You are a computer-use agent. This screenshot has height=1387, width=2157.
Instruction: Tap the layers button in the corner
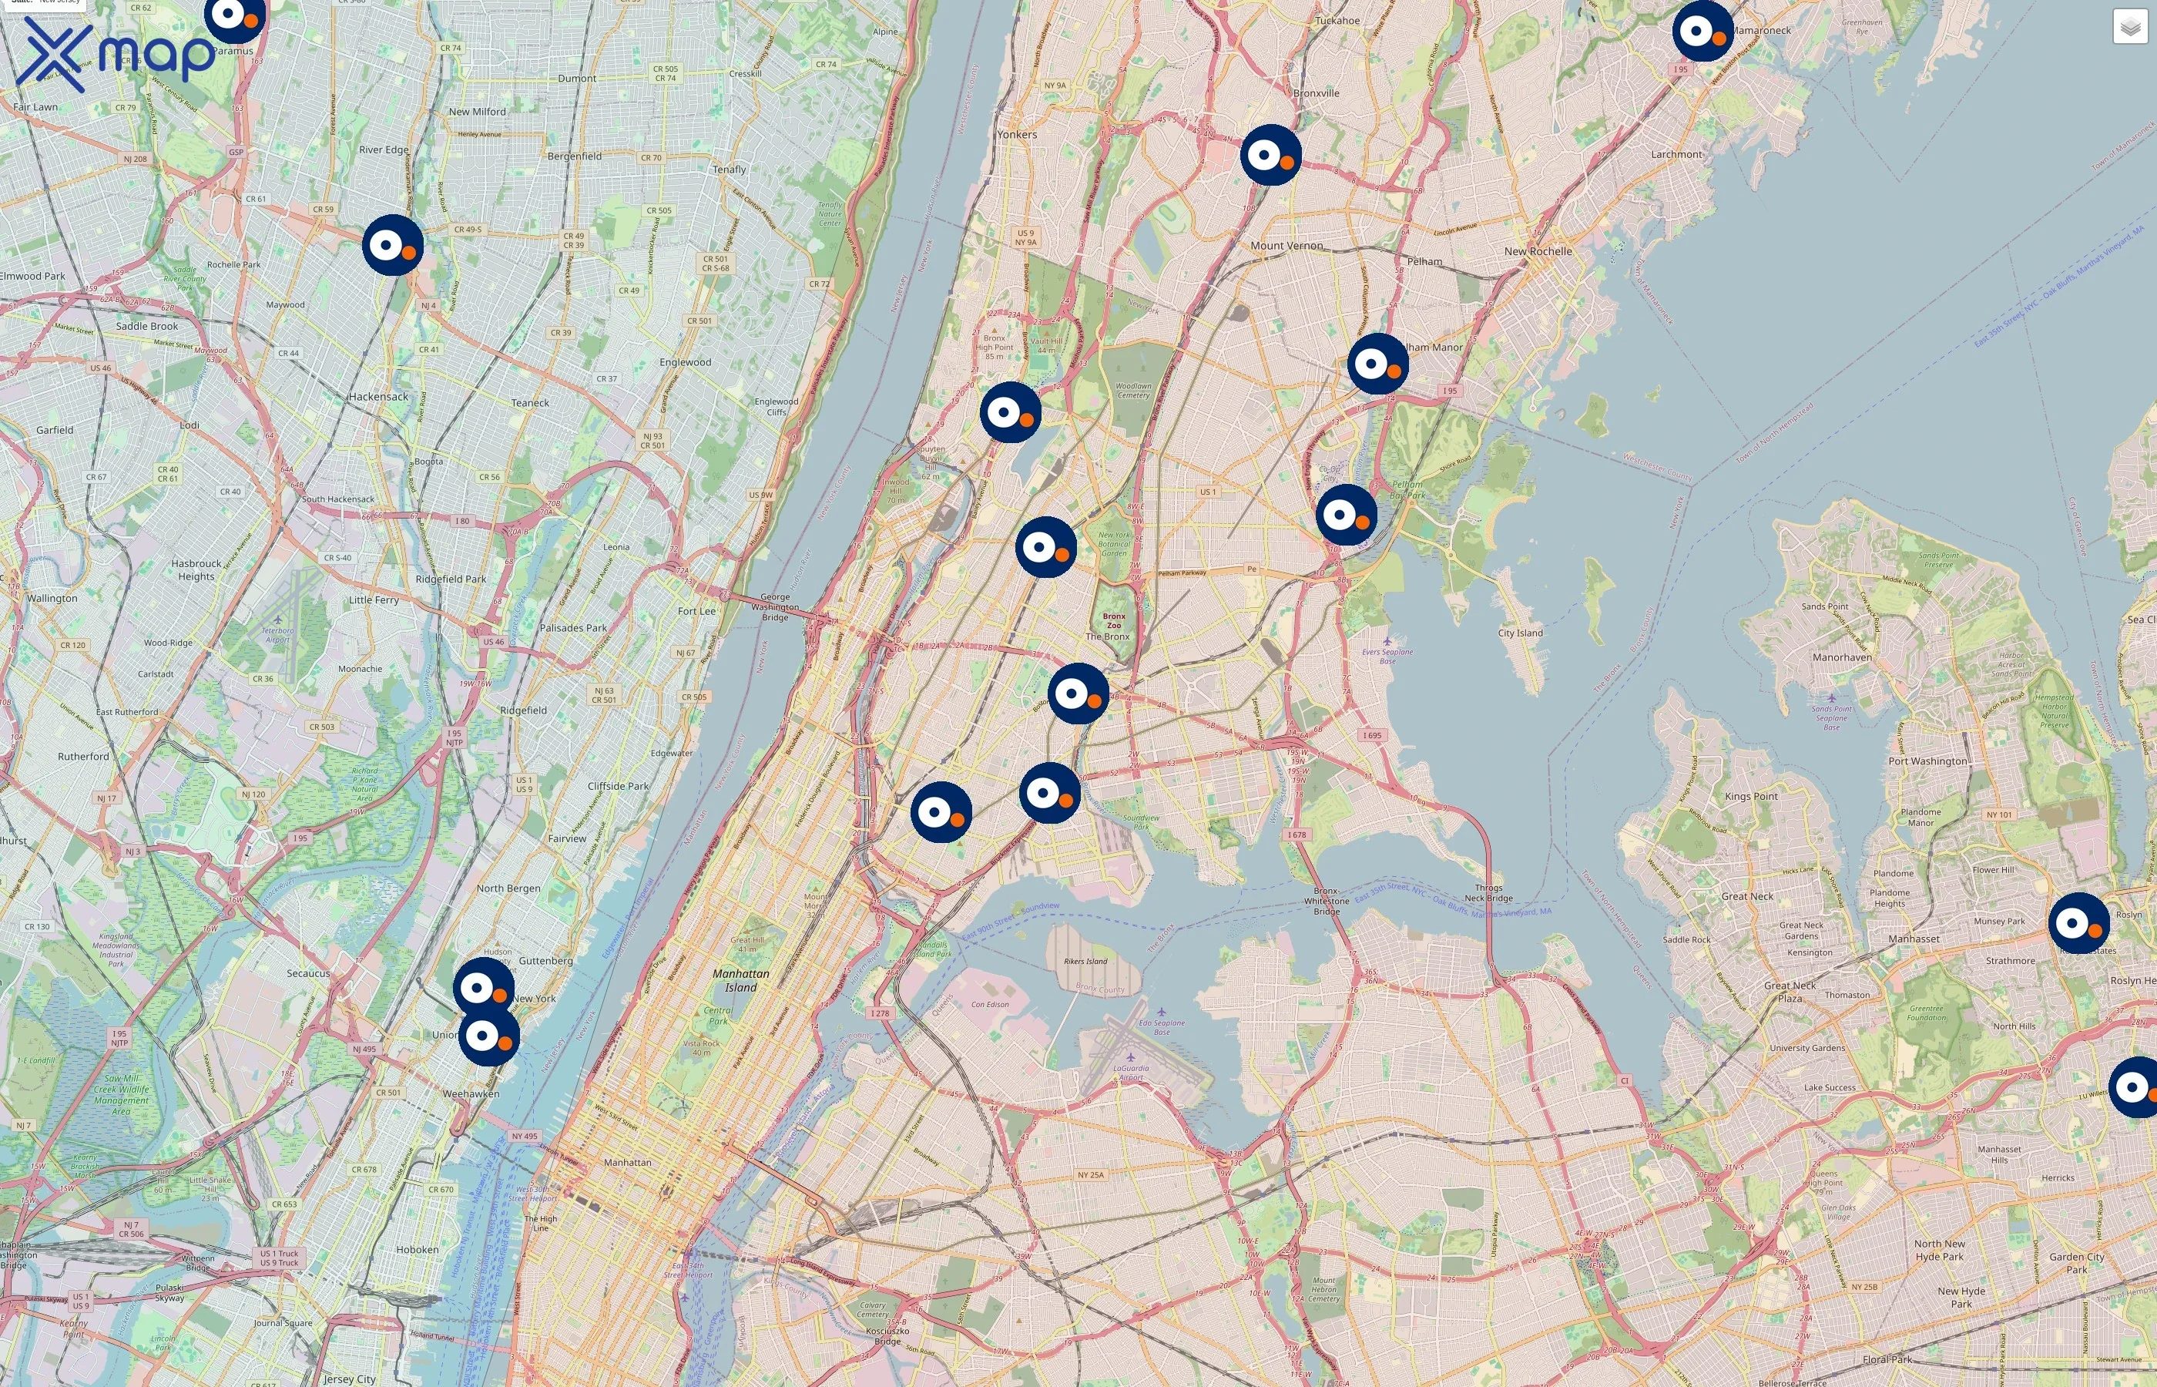pyautogui.click(x=2129, y=27)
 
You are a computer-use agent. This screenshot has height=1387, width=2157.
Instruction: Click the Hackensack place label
pyautogui.click(x=378, y=396)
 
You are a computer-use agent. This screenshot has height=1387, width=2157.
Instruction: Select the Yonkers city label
pyautogui.click(x=1016, y=134)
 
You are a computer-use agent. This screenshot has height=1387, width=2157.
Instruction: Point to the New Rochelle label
pyautogui.click(x=1538, y=251)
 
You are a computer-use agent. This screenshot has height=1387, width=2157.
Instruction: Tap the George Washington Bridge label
pyautogui.click(x=774, y=606)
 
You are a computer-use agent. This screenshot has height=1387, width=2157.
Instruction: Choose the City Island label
pyautogui.click(x=1520, y=633)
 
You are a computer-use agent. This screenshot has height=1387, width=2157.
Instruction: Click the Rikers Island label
pyautogui.click(x=1085, y=961)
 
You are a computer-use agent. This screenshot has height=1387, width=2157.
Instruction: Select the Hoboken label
pyautogui.click(x=417, y=1249)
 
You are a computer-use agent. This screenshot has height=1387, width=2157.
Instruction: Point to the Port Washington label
pyautogui.click(x=1927, y=761)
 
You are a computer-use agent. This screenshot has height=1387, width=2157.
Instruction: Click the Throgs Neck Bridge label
pyautogui.click(x=1488, y=892)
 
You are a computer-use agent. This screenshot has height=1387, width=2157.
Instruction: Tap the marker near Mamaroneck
pyautogui.click(x=1702, y=32)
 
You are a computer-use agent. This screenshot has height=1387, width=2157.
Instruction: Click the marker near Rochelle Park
pyautogui.click(x=393, y=245)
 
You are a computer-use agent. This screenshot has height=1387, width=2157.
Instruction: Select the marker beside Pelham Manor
pyautogui.click(x=1377, y=364)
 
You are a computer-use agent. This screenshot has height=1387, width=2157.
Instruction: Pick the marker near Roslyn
pyautogui.click(x=2078, y=923)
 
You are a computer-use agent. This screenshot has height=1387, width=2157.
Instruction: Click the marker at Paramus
pyautogui.click(x=235, y=15)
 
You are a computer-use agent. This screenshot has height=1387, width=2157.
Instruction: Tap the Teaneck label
pyautogui.click(x=529, y=402)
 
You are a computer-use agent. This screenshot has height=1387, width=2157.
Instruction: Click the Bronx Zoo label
pyautogui.click(x=1114, y=620)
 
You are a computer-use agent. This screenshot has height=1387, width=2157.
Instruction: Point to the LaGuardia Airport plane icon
pyautogui.click(x=1131, y=1057)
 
